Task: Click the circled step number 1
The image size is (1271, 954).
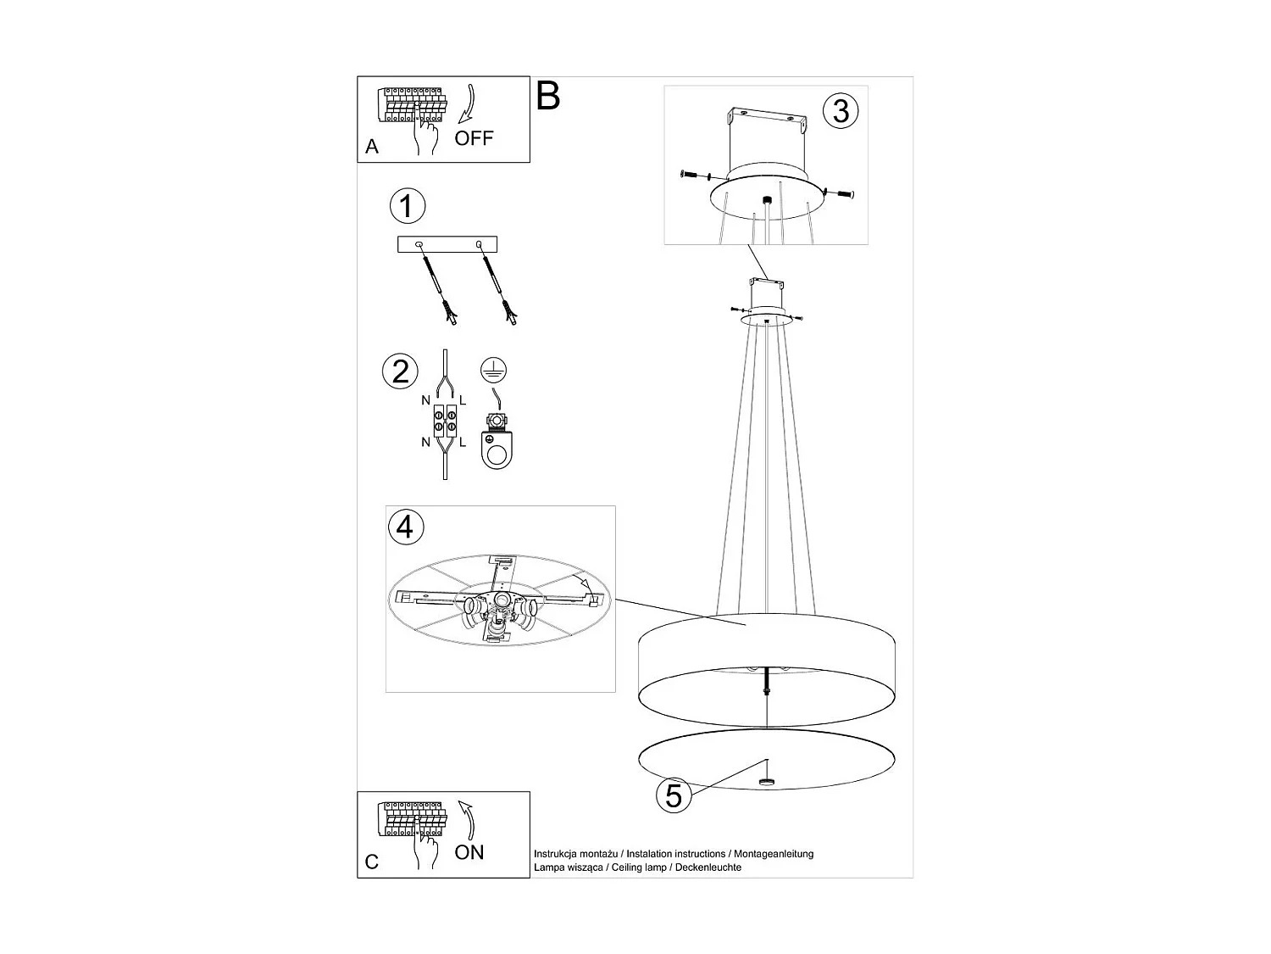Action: (x=407, y=206)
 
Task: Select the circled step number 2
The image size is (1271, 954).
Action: (x=400, y=371)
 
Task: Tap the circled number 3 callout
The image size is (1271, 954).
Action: (x=840, y=110)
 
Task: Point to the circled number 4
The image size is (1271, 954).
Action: (x=405, y=527)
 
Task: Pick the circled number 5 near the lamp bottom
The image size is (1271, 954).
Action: (x=674, y=795)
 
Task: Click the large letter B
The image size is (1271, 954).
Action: (x=548, y=97)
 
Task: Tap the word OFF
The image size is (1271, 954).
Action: (x=474, y=138)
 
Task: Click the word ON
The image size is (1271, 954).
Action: (x=469, y=852)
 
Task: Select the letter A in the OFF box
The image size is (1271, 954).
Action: (x=372, y=147)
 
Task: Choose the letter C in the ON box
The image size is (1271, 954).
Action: (x=372, y=862)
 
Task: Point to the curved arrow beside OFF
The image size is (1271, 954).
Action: (x=468, y=104)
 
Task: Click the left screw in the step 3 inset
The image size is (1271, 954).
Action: (x=695, y=176)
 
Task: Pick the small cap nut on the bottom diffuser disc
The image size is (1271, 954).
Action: (x=767, y=782)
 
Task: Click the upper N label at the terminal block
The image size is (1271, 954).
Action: (x=425, y=399)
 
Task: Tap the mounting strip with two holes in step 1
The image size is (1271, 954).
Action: (x=447, y=244)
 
